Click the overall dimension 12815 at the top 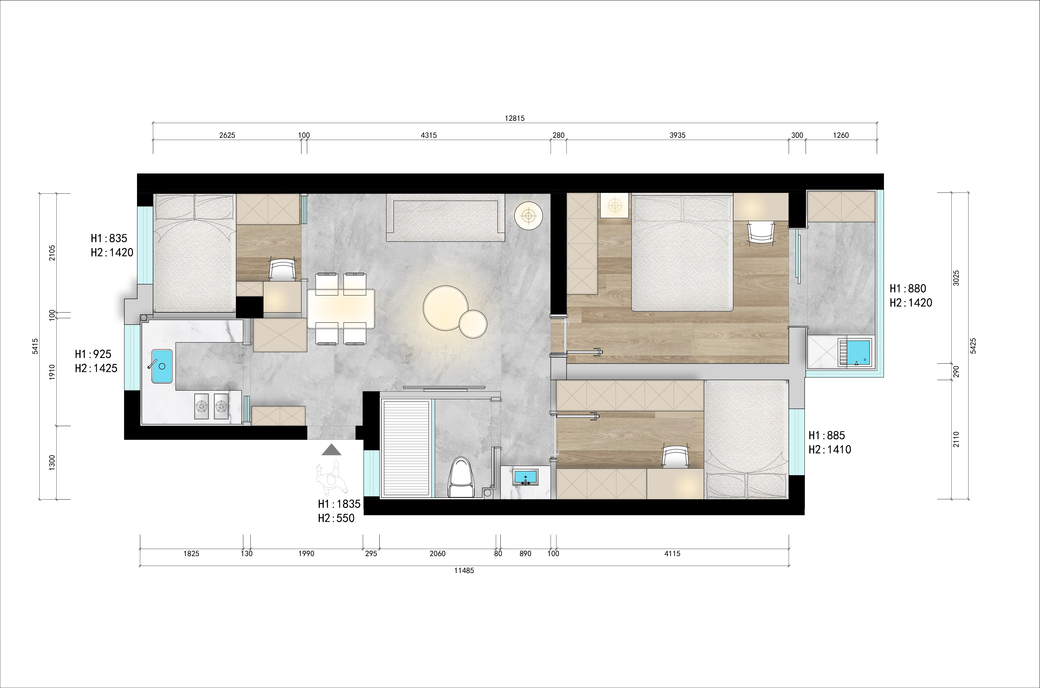[515, 118]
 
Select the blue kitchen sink [162, 366]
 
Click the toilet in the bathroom [461, 477]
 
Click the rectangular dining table [341, 308]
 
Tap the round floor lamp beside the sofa [529, 216]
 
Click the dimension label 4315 [429, 135]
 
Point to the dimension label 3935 [677, 135]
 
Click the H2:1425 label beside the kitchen [96, 368]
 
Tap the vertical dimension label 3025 [957, 278]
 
